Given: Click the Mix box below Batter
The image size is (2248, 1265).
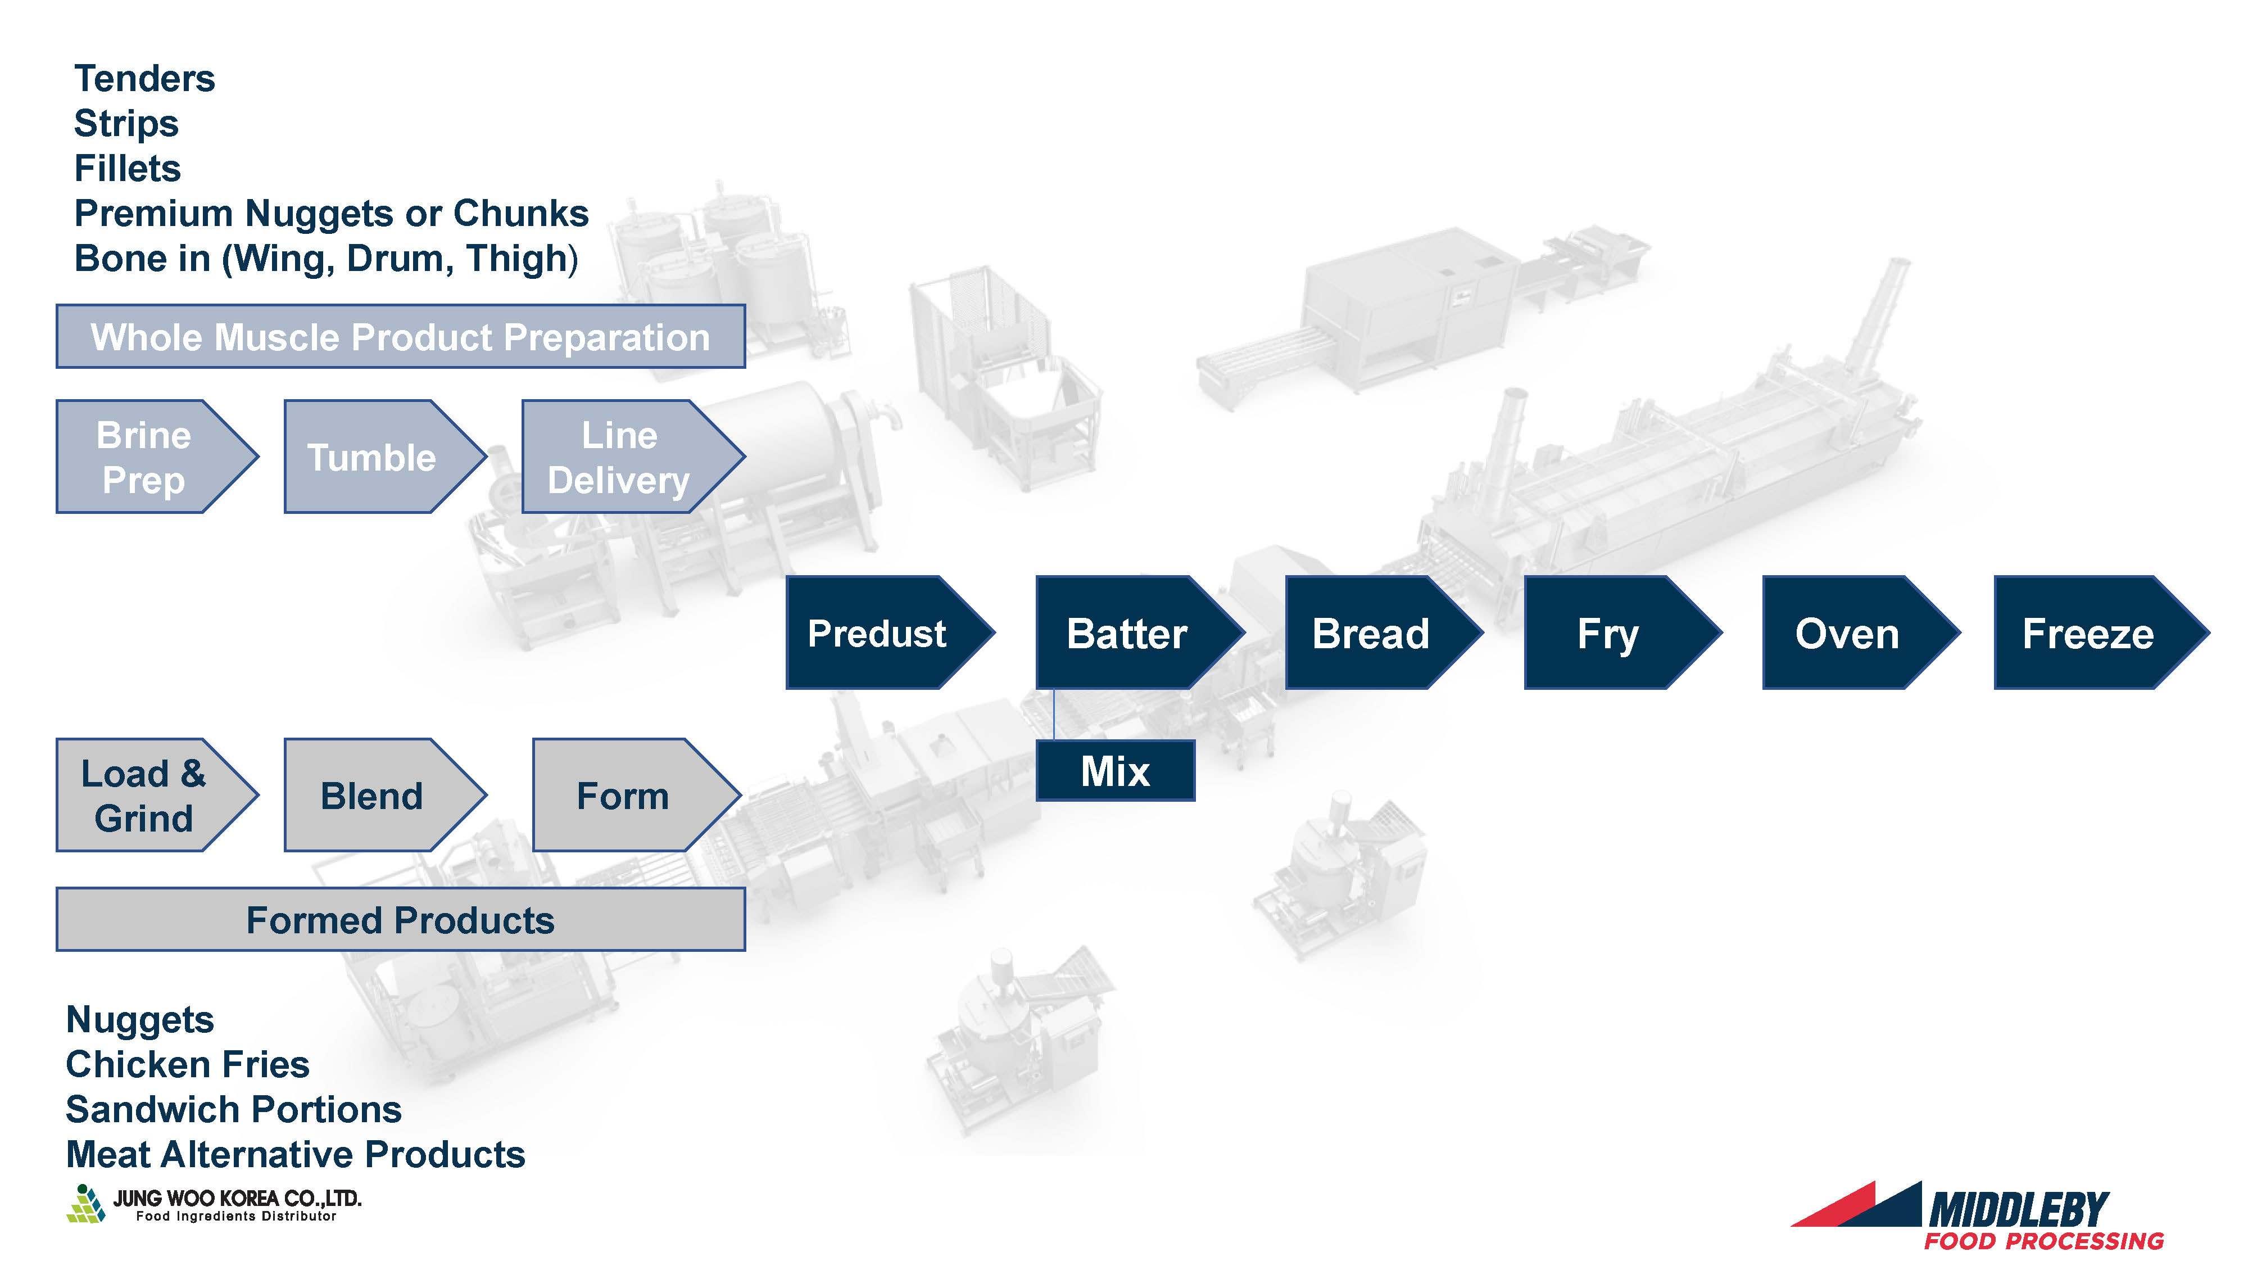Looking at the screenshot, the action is pyautogui.click(x=1115, y=771).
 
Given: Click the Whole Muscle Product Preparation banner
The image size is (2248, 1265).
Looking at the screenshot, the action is pyautogui.click(x=401, y=337).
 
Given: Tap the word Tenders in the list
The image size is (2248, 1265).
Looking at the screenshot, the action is pyautogui.click(x=145, y=79).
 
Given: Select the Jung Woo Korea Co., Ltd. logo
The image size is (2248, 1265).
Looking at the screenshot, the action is pyautogui.click(x=214, y=1204).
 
